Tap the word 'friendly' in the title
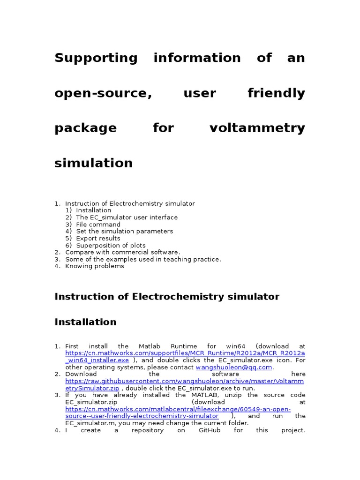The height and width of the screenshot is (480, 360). [276, 93]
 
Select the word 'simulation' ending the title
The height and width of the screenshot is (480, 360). [94, 163]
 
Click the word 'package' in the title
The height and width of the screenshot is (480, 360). [86, 128]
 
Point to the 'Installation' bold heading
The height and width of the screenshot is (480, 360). [85, 322]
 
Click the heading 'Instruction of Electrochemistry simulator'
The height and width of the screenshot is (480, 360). [167, 297]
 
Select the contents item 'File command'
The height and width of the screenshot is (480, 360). [98, 225]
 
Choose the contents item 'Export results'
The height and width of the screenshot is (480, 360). [98, 239]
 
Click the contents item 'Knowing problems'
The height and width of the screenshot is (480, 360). [95, 266]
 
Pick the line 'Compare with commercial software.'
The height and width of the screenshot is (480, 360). [122, 252]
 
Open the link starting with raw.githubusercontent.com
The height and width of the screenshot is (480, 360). [185, 381]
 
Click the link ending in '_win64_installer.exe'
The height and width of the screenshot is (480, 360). [97, 360]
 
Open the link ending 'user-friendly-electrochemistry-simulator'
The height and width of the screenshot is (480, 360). [142, 416]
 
